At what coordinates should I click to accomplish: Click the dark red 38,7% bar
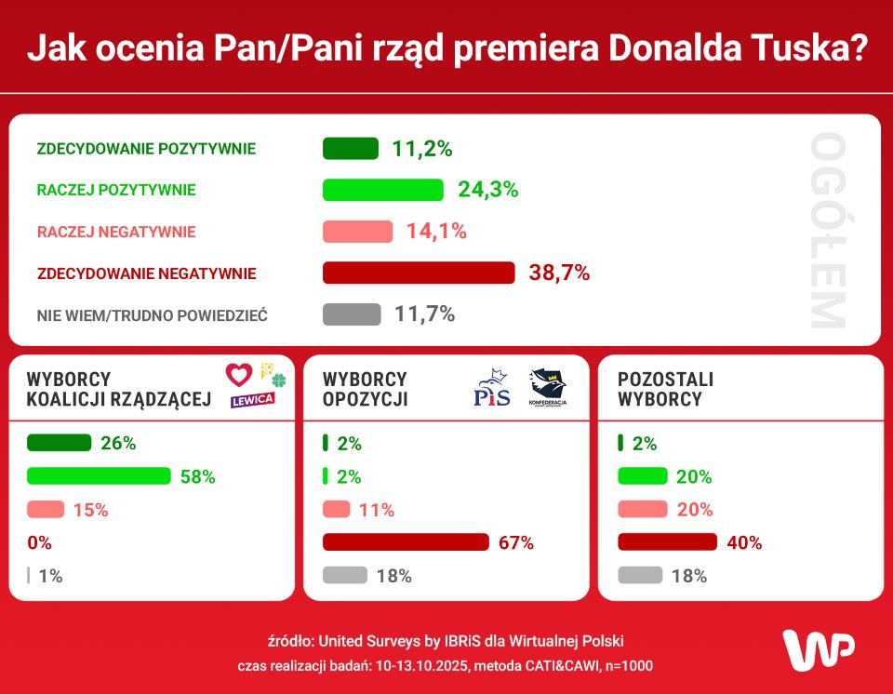[419, 273]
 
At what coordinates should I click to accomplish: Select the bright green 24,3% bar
[383, 190]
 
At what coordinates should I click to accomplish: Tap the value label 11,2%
[421, 149]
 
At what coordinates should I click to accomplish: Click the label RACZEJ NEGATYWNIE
[116, 232]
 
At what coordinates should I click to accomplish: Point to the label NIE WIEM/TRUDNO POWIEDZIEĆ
[153, 315]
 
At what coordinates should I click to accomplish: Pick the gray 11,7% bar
[352, 314]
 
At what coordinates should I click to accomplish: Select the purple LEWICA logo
[253, 399]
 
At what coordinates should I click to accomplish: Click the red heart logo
[239, 375]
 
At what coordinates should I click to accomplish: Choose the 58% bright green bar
[100, 476]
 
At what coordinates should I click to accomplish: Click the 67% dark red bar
[406, 542]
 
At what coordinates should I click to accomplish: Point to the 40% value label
[744, 542]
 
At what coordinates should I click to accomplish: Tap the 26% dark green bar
[60, 443]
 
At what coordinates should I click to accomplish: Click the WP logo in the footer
[818, 648]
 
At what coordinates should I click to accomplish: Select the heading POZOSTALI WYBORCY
[666, 390]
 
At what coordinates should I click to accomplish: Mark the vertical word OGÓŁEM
[827, 231]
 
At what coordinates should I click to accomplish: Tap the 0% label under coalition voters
[39, 542]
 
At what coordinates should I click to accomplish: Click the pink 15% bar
[46, 510]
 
